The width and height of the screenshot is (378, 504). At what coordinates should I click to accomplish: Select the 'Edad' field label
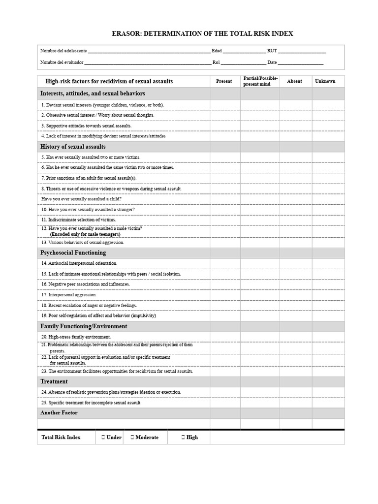(x=217, y=51)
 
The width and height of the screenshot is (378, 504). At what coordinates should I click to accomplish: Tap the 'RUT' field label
(x=272, y=51)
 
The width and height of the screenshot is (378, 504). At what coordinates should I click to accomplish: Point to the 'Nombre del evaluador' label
(x=62, y=63)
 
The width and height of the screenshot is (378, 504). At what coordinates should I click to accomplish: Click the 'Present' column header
(x=224, y=81)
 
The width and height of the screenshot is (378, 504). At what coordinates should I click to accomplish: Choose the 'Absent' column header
(x=294, y=81)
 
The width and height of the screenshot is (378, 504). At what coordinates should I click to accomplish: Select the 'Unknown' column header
(x=325, y=81)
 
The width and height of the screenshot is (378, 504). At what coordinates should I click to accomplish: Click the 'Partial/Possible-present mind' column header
(x=260, y=81)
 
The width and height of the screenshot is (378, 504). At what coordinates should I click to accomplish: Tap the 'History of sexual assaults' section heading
(x=73, y=147)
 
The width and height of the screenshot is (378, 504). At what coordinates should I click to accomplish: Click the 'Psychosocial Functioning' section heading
(x=73, y=252)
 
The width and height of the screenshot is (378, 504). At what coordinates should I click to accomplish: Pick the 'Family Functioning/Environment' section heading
(x=84, y=326)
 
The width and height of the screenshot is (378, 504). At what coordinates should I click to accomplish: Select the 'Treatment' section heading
(x=54, y=381)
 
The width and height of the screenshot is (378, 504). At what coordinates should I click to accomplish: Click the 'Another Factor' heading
(x=59, y=413)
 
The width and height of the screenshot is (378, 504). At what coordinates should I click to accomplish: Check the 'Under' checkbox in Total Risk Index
(x=103, y=437)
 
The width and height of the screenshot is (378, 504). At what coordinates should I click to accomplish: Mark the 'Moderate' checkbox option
(x=132, y=437)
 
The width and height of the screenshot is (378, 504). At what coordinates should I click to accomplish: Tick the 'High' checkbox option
(x=184, y=437)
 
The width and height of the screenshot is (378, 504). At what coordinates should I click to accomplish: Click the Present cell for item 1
(x=225, y=104)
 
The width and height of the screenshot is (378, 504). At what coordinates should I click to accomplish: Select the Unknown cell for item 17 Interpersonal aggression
(x=328, y=294)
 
